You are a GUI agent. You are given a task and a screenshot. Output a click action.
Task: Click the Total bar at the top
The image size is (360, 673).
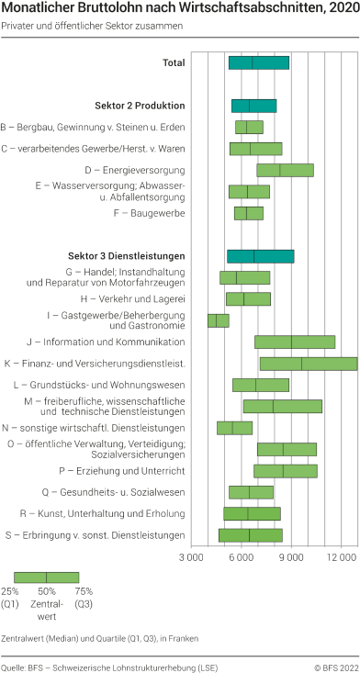point(258,63)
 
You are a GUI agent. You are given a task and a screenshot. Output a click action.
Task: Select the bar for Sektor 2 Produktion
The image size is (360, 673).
point(253,106)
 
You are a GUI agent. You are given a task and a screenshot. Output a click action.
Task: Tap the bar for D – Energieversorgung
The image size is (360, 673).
point(285,170)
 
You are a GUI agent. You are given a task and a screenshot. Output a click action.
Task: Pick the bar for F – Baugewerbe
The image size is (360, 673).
point(248,213)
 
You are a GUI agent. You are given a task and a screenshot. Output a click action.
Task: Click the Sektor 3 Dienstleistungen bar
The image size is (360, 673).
point(260,256)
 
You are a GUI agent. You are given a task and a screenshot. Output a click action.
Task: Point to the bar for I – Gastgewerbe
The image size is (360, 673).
point(218,320)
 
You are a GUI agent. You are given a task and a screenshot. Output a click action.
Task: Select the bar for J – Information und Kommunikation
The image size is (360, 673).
point(294,342)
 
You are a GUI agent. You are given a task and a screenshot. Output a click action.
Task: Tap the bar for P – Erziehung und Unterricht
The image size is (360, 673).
point(285,471)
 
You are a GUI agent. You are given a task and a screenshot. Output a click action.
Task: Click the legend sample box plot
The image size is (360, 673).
point(46,577)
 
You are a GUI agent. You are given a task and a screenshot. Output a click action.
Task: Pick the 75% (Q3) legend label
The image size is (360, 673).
point(84,597)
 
